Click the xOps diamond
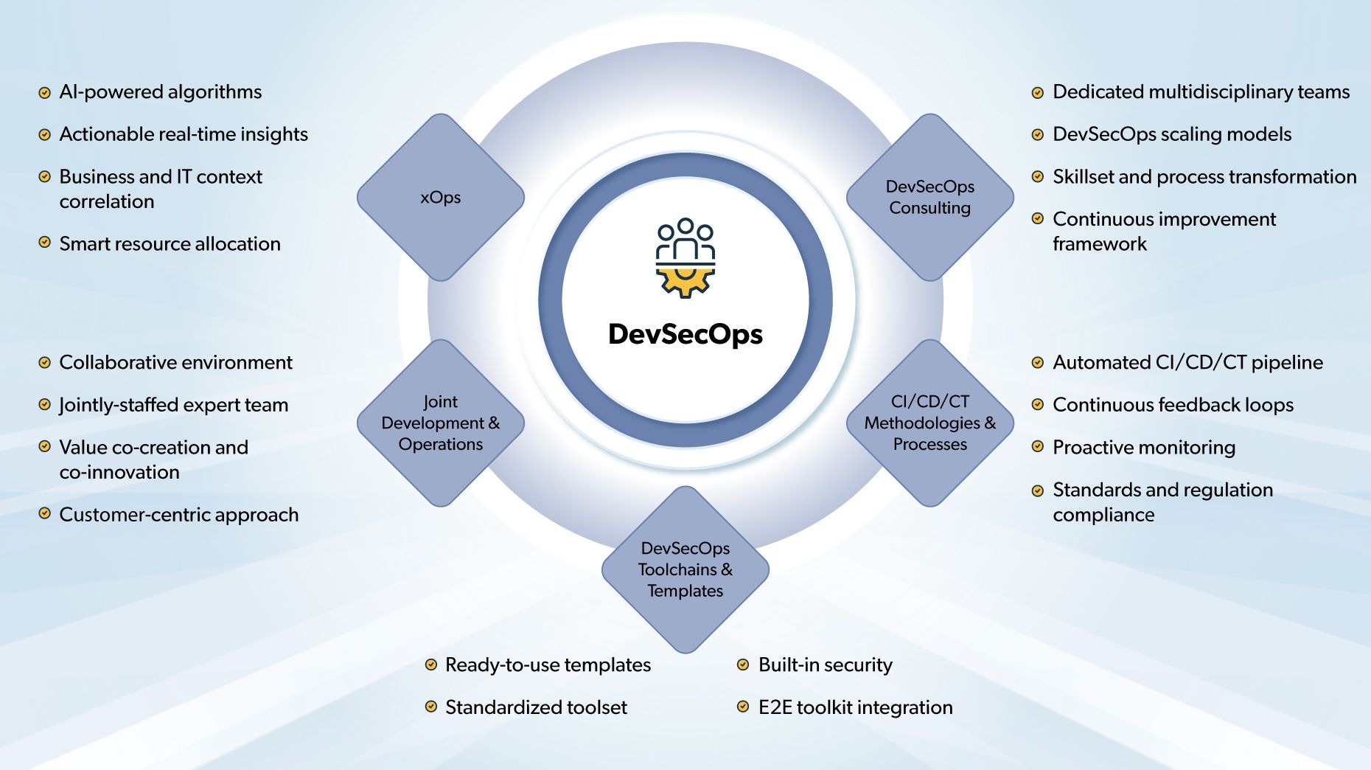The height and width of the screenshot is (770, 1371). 441,197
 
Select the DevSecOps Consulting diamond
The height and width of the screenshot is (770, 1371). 929,197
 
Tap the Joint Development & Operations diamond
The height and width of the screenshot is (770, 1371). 441,423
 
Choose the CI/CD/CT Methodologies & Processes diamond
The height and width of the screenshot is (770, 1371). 929,423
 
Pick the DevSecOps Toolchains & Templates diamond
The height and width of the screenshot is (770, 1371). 685,569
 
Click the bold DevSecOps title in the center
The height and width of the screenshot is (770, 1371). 685,334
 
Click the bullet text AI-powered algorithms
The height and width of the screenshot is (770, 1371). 161,92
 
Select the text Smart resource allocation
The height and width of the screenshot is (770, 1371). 170,244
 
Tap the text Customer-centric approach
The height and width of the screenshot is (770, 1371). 179,515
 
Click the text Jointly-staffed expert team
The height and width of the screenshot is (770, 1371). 174,405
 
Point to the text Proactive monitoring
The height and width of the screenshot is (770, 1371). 1144,448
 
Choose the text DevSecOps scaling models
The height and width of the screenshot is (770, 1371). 1172,134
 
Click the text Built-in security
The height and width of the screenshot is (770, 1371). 826,665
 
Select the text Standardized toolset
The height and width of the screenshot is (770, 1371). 536,707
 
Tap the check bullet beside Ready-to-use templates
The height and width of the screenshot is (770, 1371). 431,665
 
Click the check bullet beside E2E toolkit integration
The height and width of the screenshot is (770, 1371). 743,707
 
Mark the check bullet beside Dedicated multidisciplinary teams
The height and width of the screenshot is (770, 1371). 1037,93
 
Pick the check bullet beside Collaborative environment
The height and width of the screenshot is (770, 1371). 44,362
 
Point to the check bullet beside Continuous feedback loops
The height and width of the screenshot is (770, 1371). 1037,404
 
